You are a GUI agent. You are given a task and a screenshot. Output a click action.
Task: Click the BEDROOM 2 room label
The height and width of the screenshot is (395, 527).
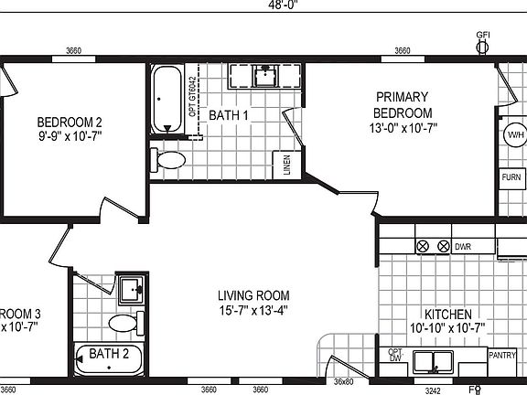pos(69,122)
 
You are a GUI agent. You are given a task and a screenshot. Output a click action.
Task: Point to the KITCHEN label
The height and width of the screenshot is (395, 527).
pos(446,313)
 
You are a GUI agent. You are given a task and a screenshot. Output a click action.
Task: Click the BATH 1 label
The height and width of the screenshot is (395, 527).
pos(229,115)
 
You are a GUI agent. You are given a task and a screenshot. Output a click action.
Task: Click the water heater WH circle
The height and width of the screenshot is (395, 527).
pos(514,136)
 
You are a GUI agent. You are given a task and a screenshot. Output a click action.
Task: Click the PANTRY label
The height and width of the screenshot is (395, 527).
pos(502,356)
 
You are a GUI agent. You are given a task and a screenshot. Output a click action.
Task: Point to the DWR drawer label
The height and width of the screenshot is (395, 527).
pos(464,247)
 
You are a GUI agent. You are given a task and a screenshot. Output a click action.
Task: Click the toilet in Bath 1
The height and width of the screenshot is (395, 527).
pos(168,160)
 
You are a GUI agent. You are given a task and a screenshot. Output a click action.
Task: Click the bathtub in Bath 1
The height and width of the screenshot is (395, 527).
pos(166,98)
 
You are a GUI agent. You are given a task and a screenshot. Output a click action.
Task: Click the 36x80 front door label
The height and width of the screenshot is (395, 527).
pos(343,381)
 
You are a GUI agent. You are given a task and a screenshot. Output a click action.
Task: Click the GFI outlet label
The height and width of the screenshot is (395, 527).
pos(482,35)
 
